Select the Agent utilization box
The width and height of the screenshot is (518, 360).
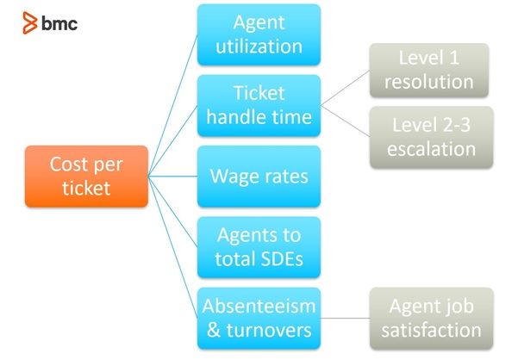259,34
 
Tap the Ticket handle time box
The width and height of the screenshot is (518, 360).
259,105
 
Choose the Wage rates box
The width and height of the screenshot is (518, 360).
259,177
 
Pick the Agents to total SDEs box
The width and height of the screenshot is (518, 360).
259,247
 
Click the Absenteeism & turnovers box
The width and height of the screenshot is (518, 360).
259,318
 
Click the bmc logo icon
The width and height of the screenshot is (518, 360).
28,23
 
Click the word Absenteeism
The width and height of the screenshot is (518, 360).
259,306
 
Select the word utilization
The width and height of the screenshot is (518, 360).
259,47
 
